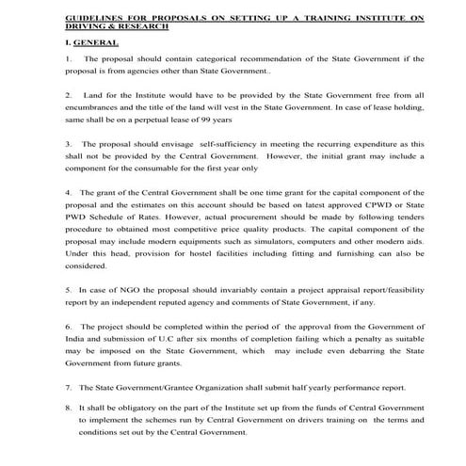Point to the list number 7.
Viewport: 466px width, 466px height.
69,386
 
